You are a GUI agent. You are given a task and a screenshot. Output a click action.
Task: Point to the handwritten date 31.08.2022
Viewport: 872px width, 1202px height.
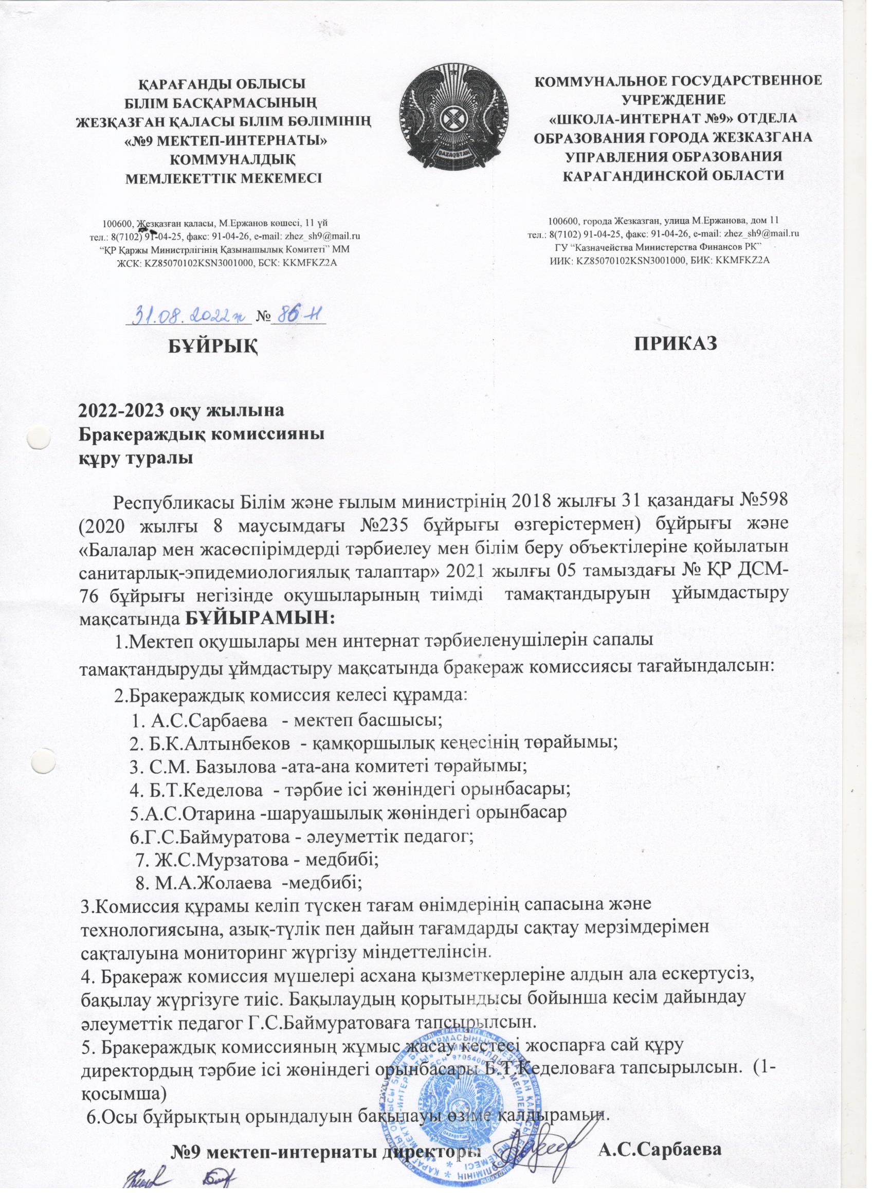click(188, 316)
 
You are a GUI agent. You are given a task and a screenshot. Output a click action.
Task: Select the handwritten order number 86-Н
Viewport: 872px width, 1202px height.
click(297, 315)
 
